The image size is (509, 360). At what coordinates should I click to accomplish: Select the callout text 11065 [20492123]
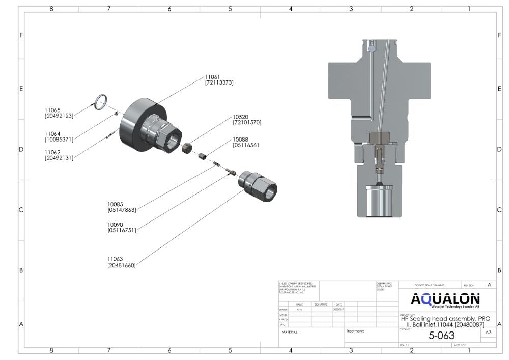tap(59, 113)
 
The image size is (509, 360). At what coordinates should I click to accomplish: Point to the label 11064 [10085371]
tap(59, 136)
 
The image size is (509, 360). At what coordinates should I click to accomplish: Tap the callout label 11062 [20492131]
tap(59, 155)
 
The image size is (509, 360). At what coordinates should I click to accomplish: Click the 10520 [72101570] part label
tap(247, 119)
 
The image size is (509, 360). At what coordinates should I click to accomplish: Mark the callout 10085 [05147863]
tap(122, 207)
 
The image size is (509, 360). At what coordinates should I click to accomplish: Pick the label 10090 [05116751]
tap(122, 227)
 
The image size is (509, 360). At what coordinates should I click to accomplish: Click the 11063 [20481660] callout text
tap(122, 262)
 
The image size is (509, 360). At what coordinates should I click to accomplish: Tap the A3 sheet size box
tap(488, 333)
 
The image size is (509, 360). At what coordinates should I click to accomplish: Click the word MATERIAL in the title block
tap(290, 332)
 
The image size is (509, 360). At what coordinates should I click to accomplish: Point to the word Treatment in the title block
tap(355, 331)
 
